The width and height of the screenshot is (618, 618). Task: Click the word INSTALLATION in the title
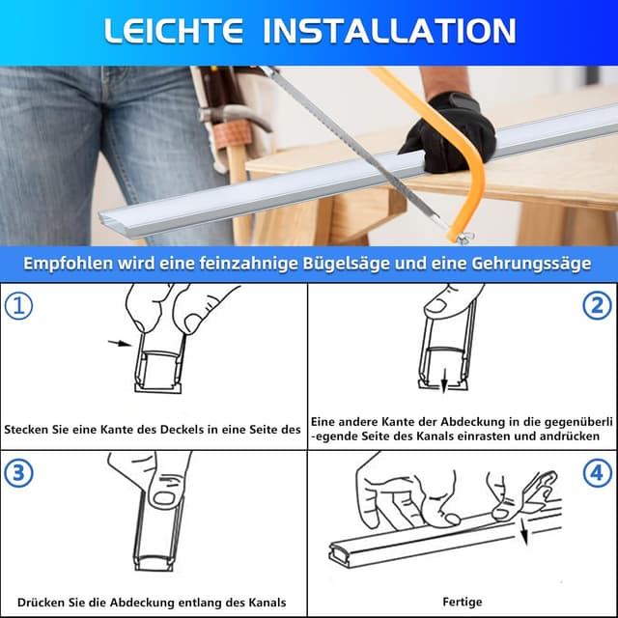(x=389, y=31)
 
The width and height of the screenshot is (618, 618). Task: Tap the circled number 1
(x=18, y=306)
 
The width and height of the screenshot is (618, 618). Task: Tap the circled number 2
(x=598, y=306)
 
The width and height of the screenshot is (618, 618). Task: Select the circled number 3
(x=18, y=473)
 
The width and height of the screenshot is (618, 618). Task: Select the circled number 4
(x=598, y=473)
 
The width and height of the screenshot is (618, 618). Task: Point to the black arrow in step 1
(x=120, y=342)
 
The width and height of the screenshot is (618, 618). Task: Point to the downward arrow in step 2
(x=444, y=383)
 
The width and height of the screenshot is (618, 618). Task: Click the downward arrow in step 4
(x=525, y=531)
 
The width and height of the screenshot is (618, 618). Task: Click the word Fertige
(x=463, y=602)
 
